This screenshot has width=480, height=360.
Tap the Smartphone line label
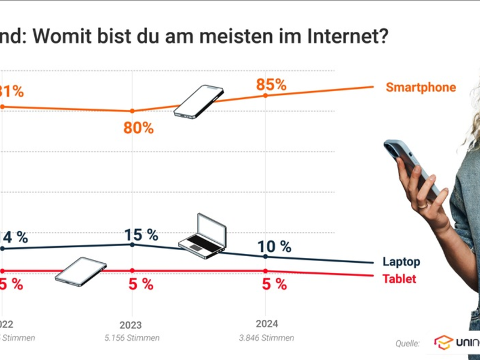coord(421,88)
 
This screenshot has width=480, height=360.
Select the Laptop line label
coord(401,262)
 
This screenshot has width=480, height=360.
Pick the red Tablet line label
coord(399,279)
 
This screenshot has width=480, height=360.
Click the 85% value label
coord(271,85)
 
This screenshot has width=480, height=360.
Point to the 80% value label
coord(139,128)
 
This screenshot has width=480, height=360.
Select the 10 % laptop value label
coord(274,246)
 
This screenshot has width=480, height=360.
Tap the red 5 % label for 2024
coord(274,284)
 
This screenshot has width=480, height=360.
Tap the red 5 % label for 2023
coord(141,284)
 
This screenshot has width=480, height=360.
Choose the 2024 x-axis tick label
coord(266,323)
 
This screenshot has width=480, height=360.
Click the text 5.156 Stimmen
coord(131,338)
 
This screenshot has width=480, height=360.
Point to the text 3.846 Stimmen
coord(266,338)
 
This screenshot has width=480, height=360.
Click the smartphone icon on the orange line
coord(199,101)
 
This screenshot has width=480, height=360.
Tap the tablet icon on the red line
coord(81,270)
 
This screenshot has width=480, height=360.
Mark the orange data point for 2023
coord(132,111)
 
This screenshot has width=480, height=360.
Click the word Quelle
coord(407,344)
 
